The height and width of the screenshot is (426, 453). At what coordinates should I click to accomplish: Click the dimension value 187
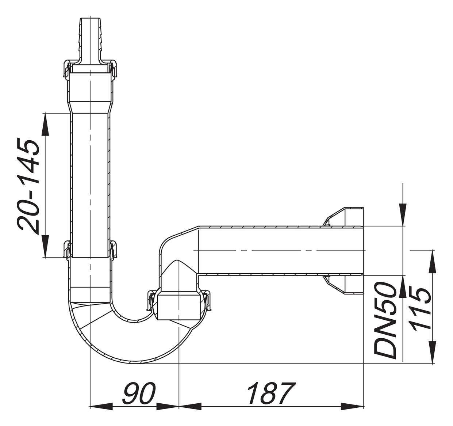[x=270, y=393]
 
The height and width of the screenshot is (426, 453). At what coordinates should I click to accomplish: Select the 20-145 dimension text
[x=29, y=186]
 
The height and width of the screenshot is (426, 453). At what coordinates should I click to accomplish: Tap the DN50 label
[x=385, y=320]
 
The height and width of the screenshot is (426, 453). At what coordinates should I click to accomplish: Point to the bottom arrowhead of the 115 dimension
[x=433, y=352]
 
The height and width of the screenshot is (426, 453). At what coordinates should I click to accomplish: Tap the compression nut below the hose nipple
[x=90, y=69]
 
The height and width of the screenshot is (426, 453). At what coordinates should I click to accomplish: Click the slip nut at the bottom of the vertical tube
[x=90, y=250]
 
